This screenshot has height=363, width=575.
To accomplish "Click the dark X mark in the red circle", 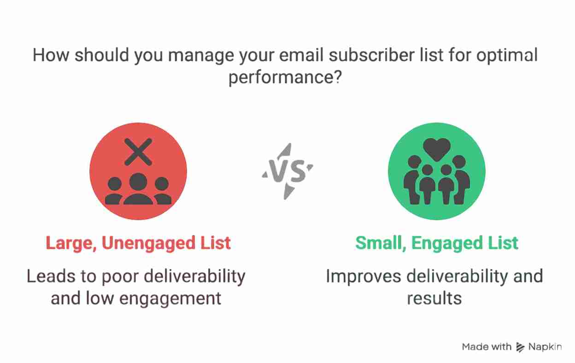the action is coord(138,152).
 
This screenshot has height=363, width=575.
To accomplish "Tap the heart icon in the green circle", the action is coord(437,149).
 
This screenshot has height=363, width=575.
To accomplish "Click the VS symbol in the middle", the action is coord(287,171).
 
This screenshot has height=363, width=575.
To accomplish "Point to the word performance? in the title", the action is coord(285,77).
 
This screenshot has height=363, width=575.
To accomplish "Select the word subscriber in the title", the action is coord(371,55).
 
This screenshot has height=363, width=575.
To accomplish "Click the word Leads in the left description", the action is coord(50,276).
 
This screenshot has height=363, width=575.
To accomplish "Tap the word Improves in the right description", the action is coord(363,277).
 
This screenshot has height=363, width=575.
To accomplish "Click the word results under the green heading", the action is coord(434,299).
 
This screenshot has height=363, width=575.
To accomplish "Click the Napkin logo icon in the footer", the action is coord(520,347).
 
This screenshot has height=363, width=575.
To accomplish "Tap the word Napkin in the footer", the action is coord(545,347).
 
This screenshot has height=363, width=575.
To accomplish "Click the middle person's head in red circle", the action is coord(138,181).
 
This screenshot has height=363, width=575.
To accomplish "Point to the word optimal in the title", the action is coord(507,55).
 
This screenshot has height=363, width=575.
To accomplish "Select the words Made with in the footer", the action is coord(487,347).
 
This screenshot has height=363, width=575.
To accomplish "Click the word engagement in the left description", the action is coord(170,299).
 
